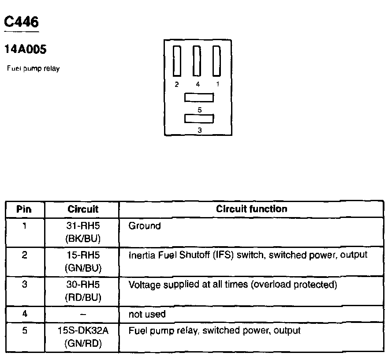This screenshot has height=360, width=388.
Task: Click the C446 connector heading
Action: (21, 22)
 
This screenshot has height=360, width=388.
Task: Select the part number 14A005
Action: (25, 50)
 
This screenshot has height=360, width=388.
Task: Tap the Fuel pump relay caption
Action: (34, 69)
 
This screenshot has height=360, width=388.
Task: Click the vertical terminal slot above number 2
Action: (177, 61)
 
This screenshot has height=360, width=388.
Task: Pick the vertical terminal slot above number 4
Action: (197, 61)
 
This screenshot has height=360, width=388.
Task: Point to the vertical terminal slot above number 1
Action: (216, 61)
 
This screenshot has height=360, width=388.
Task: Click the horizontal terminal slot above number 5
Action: (199, 97)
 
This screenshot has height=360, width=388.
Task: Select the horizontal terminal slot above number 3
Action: (199, 118)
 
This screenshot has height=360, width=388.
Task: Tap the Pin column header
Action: (24, 209)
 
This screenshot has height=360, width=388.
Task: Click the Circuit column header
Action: (83, 209)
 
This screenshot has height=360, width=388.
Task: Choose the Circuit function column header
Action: (251, 209)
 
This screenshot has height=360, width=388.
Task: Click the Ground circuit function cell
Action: (145, 226)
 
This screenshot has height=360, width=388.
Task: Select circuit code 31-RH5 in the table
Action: (83, 226)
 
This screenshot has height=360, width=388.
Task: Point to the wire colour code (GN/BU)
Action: (83, 268)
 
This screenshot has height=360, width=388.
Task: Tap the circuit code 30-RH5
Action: (83, 285)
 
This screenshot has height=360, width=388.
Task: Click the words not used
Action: (147, 314)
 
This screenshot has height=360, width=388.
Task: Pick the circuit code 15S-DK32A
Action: (83, 330)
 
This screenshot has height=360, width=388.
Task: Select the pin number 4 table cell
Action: (25, 314)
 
